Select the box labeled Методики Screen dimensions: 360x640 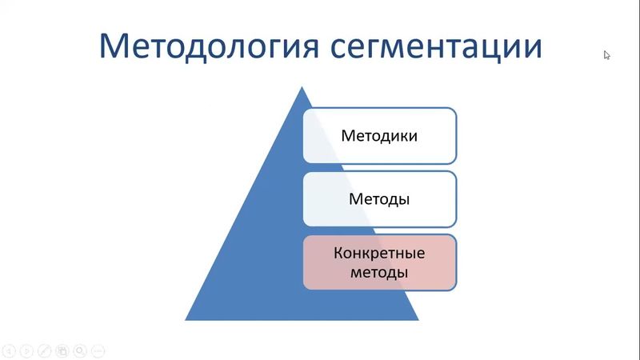click(379, 136)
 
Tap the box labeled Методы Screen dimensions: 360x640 click(379, 198)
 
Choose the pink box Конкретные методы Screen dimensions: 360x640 click(379, 262)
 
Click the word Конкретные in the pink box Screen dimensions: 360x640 click(379, 254)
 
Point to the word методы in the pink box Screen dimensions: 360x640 click(379, 273)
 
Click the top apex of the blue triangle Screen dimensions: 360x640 click(302, 87)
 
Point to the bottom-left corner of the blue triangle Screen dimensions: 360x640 click(186, 319)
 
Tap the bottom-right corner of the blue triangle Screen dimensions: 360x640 click(418, 319)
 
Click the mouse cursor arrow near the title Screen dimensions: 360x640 click(607, 55)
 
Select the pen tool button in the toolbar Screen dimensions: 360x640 click(45, 350)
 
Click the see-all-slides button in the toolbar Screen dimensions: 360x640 click(62, 350)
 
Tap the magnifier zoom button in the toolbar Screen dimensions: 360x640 click(80, 350)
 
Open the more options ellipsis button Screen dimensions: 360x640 click(98, 350)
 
